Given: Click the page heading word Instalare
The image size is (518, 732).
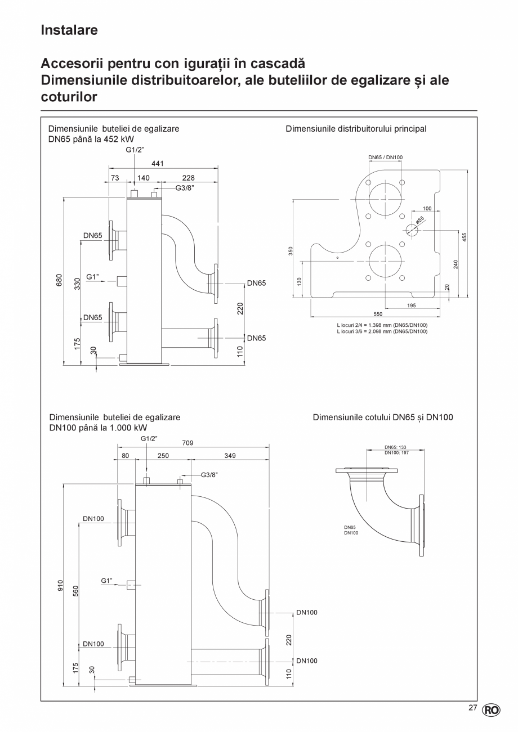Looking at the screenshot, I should tap(69, 30).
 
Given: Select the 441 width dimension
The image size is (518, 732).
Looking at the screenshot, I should tap(158, 164).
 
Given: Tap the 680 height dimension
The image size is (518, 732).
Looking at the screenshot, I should tap(59, 281).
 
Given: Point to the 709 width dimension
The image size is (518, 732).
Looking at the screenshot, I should tap(187, 443).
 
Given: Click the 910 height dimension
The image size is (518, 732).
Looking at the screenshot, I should tap(60, 586).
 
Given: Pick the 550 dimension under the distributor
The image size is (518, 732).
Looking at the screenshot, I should tap(378, 314).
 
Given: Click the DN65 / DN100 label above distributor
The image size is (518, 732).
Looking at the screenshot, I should tap(386, 158).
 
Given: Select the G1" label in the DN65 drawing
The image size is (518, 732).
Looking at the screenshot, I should tap(93, 276).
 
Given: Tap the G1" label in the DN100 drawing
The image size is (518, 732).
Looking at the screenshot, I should tap(107, 580).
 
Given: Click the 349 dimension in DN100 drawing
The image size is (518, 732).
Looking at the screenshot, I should tap(230, 456).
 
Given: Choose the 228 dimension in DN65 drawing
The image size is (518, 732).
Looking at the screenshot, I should tap(188, 178).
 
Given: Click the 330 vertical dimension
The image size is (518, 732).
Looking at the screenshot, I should tap(77, 284).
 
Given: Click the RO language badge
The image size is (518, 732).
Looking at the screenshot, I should tap(491, 709).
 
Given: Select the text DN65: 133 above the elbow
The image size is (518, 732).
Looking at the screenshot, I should tap(395, 447).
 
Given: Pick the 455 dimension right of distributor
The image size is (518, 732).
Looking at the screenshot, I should tap(465, 237).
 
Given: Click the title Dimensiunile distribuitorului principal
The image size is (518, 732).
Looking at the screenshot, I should tap(356, 129).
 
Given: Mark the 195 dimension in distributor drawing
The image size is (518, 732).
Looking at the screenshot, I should tap(411, 306).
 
